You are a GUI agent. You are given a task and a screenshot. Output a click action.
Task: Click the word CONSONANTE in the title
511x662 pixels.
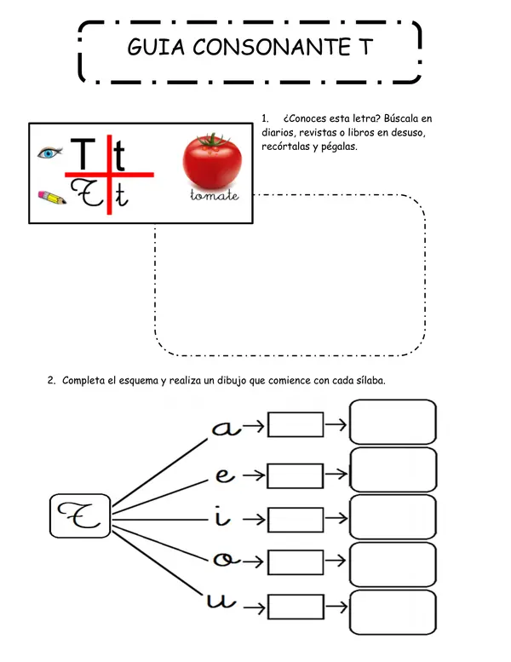pos(272,47)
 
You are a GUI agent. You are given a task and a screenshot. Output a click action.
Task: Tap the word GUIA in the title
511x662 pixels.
pos(156,47)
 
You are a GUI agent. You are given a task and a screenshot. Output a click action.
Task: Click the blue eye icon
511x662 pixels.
pos(49,153)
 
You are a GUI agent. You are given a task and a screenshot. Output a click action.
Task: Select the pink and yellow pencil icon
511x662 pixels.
pos(52,197)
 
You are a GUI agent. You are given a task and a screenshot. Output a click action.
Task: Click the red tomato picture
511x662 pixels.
pos(212,161)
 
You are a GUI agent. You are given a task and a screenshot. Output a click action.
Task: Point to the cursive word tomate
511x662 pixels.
pos(215,195)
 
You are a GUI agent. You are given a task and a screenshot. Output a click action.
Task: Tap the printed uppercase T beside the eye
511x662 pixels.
pos(83,153)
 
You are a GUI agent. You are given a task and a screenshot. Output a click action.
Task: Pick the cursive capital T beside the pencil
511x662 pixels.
pos(86,193)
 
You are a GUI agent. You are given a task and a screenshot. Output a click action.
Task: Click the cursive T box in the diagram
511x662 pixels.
pos(80,516)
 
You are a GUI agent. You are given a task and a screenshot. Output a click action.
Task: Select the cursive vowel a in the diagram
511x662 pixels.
pos(227,428)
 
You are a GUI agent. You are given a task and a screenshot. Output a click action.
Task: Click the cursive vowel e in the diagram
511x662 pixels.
pos(225,475)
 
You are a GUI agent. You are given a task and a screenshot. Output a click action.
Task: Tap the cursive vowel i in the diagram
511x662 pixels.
pos(222,515)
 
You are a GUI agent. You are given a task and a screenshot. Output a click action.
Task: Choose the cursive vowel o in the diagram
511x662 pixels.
pos(227,559)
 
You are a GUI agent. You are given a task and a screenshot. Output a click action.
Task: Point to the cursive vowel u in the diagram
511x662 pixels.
pos(221,600)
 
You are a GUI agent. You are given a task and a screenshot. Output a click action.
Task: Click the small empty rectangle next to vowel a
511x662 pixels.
pos(296,425)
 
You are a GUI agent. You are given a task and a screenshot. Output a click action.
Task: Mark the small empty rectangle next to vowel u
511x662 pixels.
pos(296,607)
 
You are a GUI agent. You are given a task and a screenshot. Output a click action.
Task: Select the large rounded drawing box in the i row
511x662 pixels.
pos(393,517)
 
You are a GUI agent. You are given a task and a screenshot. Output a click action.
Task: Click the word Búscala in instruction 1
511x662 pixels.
pos(401,118)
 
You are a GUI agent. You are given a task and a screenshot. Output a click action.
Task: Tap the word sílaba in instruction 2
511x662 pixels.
pos(371,380)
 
